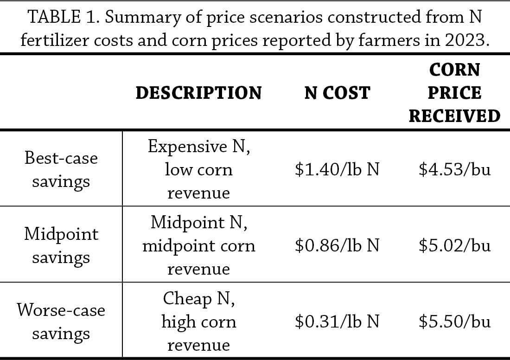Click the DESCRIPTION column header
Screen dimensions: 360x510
click(198, 93)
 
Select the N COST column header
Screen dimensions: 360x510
click(337, 93)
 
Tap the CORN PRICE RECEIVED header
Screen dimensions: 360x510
click(454, 93)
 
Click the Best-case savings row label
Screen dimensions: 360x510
click(61, 169)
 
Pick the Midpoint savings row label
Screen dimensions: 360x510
click(61, 245)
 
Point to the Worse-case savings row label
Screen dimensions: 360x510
click(61, 321)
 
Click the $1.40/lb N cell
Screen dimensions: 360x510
click(337, 169)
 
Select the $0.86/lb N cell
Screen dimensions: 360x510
click(337, 245)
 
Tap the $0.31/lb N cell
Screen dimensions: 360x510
click(337, 322)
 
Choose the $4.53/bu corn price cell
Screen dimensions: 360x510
click(454, 169)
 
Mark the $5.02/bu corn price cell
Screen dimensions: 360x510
click(454, 245)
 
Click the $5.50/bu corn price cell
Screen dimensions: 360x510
click(454, 322)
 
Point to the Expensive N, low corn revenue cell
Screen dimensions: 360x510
click(198, 169)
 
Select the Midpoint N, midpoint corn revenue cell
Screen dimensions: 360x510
click(198, 245)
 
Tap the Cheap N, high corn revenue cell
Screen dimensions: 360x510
click(198, 322)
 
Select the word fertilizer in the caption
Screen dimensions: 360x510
click(54, 40)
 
